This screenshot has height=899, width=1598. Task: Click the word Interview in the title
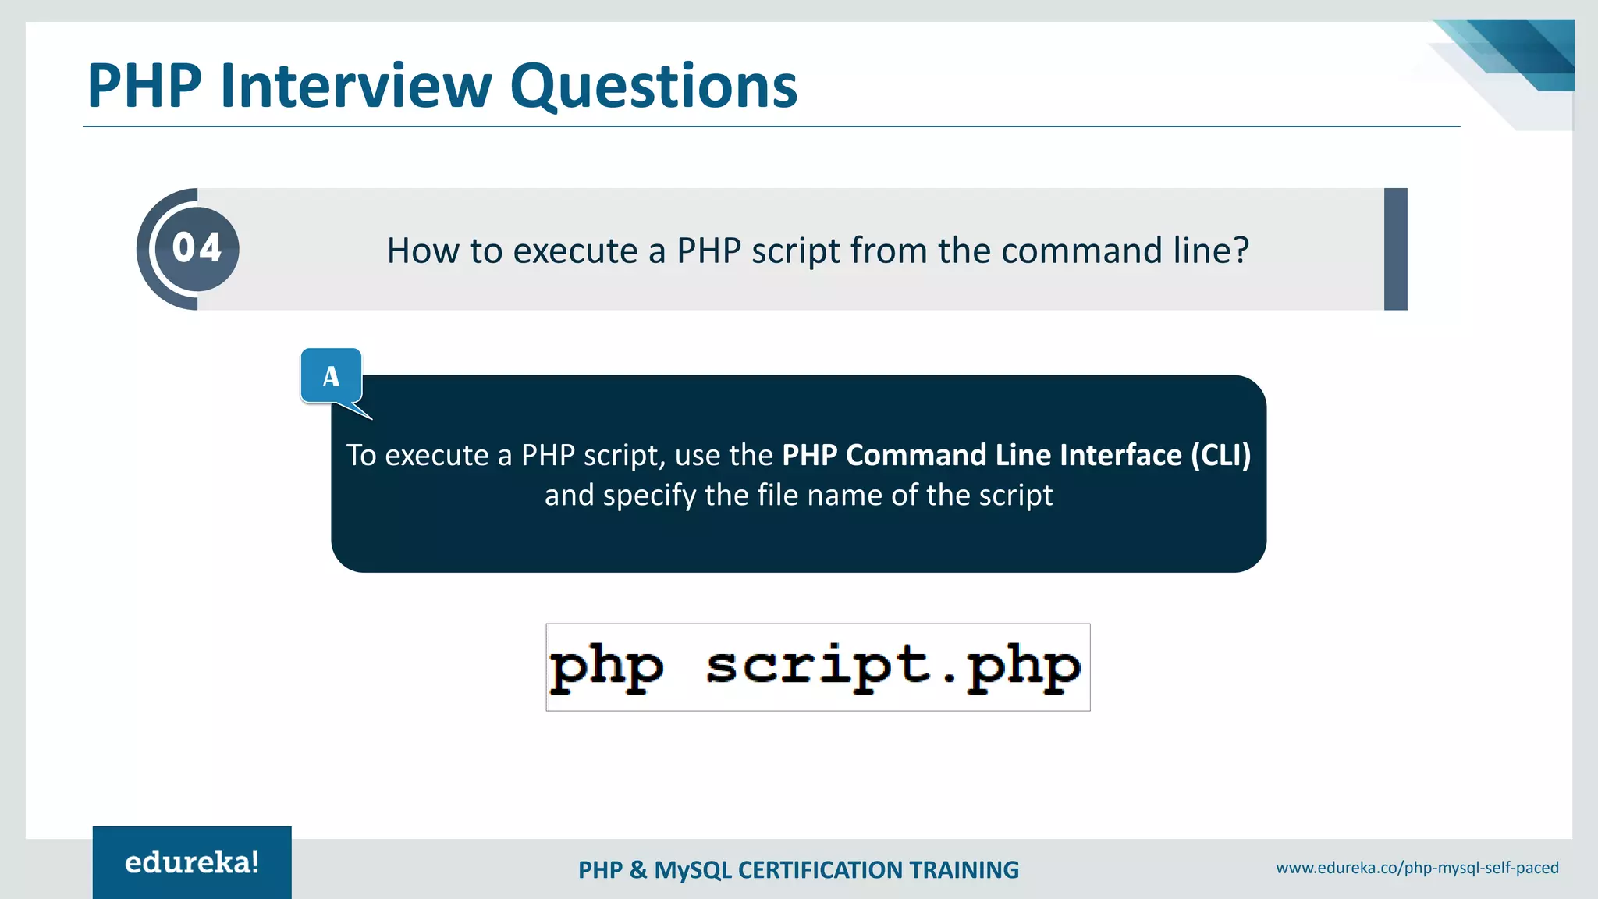coord(356,85)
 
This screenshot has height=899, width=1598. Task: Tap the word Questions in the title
coord(654,87)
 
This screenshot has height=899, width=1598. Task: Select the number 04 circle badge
coord(197,248)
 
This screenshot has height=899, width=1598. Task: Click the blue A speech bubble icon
coord(331,376)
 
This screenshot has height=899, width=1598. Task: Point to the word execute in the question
coord(575,251)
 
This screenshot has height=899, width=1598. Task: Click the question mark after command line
coord(1241,251)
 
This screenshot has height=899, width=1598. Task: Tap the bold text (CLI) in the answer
coord(1220,455)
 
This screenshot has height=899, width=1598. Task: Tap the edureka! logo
coord(192,862)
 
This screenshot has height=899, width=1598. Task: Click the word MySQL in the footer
coord(693,870)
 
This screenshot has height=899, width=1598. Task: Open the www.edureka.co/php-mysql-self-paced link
coord(1417,868)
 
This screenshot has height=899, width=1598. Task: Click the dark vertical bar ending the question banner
coord(1395,249)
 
